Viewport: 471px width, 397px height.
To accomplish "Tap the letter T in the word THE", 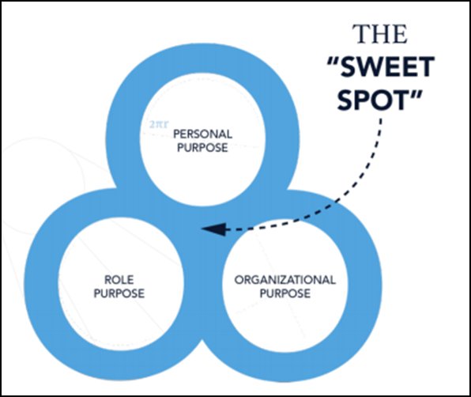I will [363, 37].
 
